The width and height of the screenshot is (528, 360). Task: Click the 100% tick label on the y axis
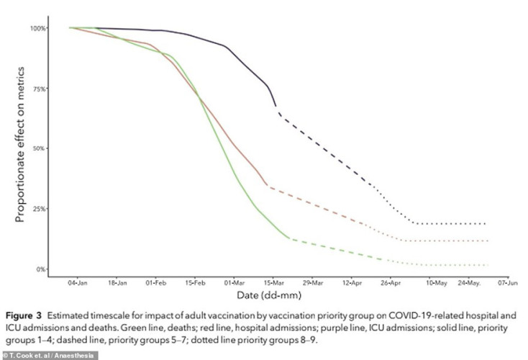(x=38, y=28)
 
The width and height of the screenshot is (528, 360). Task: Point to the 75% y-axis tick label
(x=40, y=89)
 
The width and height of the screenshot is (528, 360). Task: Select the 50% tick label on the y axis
(x=40, y=148)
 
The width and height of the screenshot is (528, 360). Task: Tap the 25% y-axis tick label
(x=40, y=209)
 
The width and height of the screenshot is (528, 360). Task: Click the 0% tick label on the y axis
(x=42, y=269)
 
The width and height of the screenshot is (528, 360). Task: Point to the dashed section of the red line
(x=317, y=204)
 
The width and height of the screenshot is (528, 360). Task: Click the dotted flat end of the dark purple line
(x=453, y=224)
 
